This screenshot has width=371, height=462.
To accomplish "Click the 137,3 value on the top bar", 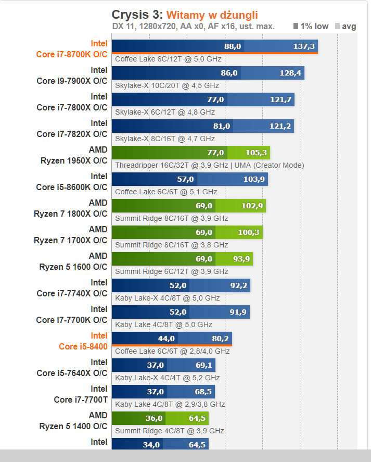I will click(x=304, y=47).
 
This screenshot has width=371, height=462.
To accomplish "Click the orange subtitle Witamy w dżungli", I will click(x=212, y=15).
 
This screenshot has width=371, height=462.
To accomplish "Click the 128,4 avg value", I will click(x=290, y=73).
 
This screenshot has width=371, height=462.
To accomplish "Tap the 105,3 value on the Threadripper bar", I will click(x=256, y=153).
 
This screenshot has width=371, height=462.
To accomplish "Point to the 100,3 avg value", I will click(x=249, y=233).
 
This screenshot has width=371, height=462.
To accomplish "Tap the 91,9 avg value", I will click(x=236, y=313).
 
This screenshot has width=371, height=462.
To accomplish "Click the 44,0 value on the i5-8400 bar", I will click(x=166, y=339).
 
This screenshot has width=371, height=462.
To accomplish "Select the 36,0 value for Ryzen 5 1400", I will click(x=153, y=419).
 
